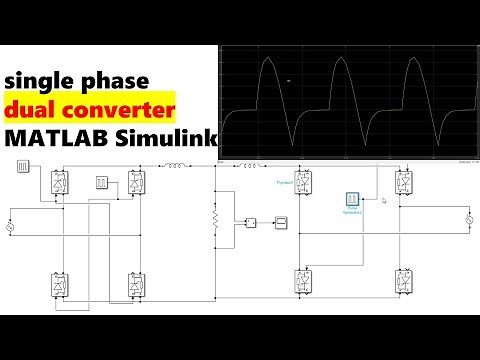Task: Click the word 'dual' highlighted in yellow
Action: (x=32, y=109)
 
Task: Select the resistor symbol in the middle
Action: (x=215, y=218)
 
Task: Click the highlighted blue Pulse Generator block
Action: (x=352, y=202)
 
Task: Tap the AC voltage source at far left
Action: (x=12, y=229)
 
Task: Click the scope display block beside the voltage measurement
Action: (x=281, y=222)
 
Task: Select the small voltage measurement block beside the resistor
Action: (x=253, y=222)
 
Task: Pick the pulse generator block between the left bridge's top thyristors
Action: (x=101, y=183)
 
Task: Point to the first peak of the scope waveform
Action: (x=267, y=62)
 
